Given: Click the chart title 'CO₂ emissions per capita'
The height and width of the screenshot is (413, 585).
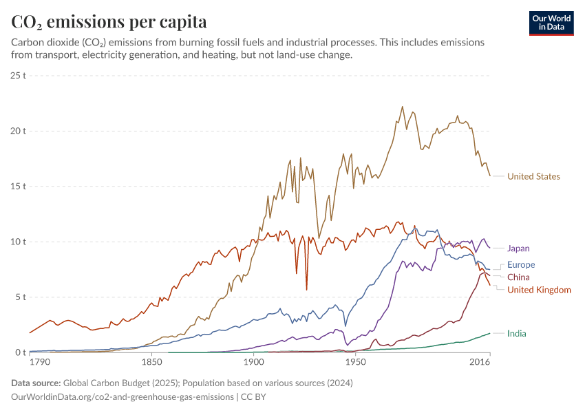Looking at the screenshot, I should click(109, 22).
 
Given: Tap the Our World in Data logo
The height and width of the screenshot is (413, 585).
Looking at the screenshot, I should click(551, 23).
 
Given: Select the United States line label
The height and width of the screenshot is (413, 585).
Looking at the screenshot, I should click(533, 176).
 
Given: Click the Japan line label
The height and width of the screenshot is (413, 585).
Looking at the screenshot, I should click(518, 248).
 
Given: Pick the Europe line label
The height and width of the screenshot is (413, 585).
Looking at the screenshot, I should click(521, 265).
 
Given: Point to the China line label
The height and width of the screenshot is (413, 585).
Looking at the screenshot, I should click(518, 277).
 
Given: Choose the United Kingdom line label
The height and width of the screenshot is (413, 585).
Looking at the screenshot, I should click(539, 290).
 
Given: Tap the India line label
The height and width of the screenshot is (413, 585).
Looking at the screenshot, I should click(517, 334).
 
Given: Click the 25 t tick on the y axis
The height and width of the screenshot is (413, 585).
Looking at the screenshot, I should click(17, 74).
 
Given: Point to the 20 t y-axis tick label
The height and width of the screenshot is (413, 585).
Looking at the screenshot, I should click(17, 131).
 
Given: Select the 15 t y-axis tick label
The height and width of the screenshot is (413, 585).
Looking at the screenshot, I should click(17, 187).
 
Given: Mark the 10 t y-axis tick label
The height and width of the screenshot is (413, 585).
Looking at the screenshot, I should click(17, 242).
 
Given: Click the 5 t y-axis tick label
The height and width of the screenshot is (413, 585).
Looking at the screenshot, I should click(20, 297).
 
